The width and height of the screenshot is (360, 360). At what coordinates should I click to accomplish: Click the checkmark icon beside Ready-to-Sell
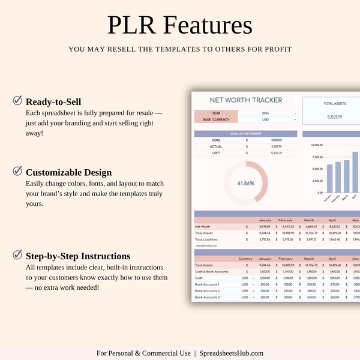click(17, 101)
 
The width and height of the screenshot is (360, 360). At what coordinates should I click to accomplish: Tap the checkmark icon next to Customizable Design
click(17, 171)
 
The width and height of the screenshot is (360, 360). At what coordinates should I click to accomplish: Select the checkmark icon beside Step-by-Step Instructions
click(17, 255)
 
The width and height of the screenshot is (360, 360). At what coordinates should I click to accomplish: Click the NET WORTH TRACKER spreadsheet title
click(245, 100)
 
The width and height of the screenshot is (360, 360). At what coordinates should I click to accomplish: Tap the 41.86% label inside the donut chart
click(245, 183)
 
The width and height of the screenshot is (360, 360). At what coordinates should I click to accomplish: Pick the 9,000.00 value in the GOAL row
click(276, 140)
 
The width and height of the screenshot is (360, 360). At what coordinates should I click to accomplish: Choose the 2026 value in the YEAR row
click(266, 113)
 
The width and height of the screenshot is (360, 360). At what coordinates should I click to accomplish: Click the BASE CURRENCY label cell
click(216, 119)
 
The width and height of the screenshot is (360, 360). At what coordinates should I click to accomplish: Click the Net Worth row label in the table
click(202, 227)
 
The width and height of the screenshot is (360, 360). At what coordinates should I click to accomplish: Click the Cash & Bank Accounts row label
click(211, 272)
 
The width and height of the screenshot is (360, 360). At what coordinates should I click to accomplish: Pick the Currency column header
click(245, 259)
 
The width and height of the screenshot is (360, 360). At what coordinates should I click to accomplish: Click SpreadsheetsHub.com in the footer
click(232, 353)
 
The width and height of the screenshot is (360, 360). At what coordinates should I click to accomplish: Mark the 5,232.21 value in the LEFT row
click(276, 153)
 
